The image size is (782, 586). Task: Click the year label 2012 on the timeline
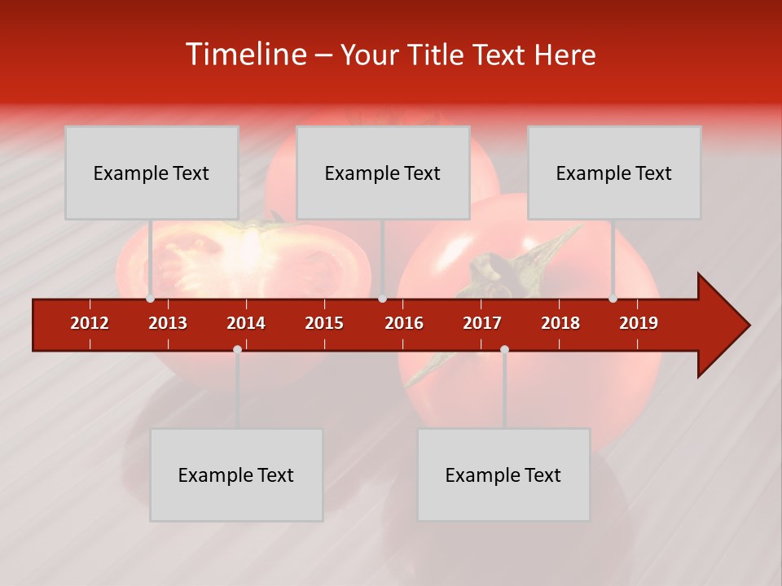90,323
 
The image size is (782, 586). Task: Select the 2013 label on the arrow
168,323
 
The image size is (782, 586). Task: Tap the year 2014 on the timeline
246,323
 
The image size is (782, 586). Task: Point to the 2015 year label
324,323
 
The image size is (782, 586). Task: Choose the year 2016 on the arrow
404,323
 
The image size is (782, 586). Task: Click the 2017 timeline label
482,323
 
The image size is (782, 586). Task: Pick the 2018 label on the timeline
560,323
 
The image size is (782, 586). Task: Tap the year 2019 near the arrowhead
639,323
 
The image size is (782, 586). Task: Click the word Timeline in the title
244,55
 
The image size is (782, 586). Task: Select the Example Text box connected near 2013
152,173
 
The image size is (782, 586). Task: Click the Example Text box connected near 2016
383,173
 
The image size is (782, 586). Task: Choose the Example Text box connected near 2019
614,173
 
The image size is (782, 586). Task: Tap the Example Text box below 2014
236,474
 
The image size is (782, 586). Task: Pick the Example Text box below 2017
503,474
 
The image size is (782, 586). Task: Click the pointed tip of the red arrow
748,326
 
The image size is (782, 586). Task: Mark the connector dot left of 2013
150,299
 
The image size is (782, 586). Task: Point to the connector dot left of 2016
382,299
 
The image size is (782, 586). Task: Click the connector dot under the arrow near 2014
237,349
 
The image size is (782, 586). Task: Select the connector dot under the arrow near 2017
504,349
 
